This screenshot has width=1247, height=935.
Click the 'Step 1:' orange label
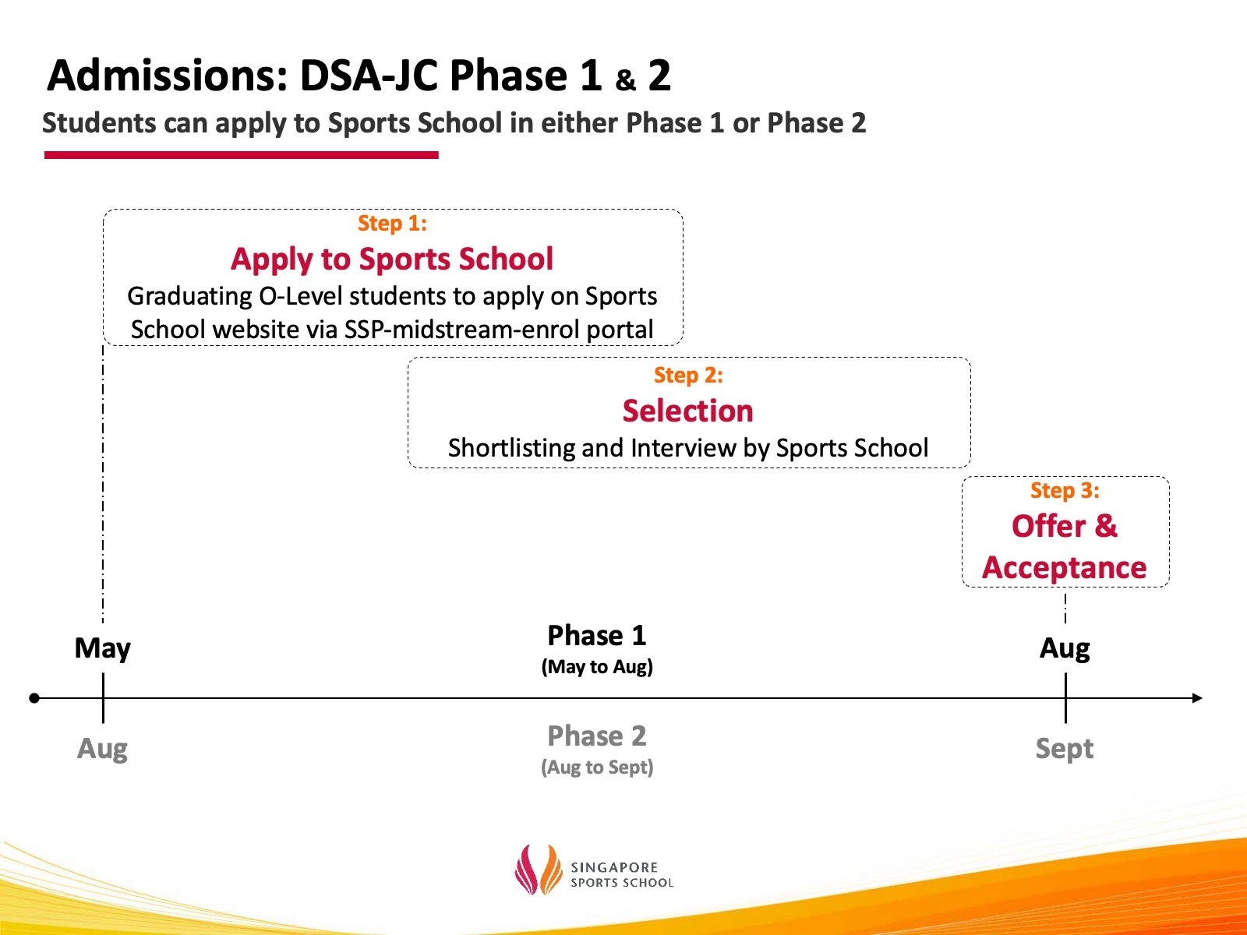(392, 224)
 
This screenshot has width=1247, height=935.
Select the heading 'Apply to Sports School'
(392, 259)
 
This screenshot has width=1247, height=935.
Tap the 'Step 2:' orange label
(688, 376)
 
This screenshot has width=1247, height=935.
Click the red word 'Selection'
(688, 411)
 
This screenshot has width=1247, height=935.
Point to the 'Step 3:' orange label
(1065, 491)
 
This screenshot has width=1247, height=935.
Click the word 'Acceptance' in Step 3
(1065, 568)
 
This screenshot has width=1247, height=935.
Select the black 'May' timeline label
(102, 648)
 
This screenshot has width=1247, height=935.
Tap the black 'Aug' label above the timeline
(1065, 648)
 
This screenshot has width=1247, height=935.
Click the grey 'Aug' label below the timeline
(102, 749)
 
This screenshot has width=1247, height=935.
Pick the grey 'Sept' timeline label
(1065, 749)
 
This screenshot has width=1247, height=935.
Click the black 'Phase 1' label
(597, 636)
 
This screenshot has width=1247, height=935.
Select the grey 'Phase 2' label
(597, 736)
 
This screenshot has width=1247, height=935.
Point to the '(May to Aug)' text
(597, 667)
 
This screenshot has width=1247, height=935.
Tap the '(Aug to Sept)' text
(597, 767)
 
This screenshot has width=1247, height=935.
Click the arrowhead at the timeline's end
(1198, 698)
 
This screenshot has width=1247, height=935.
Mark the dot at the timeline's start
(34, 698)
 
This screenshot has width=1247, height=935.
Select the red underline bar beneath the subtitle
(242, 155)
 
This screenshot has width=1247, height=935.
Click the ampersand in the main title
(626, 80)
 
